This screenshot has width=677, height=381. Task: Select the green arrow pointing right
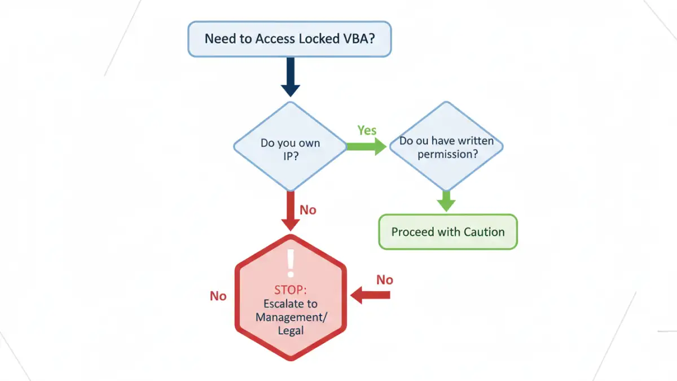(366, 146)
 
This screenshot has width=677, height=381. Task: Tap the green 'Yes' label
(367, 130)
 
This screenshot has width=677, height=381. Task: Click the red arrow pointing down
(291, 211)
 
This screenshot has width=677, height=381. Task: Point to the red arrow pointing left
(371, 294)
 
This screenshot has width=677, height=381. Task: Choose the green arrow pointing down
(446, 200)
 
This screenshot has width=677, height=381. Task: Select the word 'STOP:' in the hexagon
(290, 290)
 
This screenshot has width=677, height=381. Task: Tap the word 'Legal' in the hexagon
(291, 330)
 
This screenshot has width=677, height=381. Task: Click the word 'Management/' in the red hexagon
(291, 317)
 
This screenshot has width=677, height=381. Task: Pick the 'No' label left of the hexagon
(218, 296)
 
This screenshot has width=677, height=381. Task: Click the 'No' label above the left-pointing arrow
(385, 280)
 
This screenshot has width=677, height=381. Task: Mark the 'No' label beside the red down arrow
(308, 210)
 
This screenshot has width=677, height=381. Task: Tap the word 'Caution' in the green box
(484, 232)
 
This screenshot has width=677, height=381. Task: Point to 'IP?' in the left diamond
(291, 157)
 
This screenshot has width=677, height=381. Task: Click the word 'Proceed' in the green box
(413, 232)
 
